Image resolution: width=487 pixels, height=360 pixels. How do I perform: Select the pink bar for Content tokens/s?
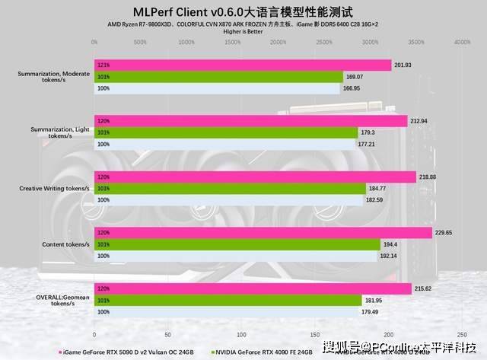tap(263, 233)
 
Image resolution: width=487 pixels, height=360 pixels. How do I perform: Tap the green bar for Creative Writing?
tap(228, 188)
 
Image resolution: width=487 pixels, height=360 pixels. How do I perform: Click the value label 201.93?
tap(403, 65)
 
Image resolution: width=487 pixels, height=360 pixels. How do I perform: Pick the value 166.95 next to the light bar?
tap(352, 88)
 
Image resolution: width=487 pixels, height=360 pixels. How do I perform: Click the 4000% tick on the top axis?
tap(462, 43)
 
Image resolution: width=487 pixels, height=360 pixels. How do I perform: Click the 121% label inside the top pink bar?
tap(104, 65)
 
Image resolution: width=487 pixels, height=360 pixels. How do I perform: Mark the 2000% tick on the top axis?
tap(278, 43)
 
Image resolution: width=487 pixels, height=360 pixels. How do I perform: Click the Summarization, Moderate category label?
tap(54, 77)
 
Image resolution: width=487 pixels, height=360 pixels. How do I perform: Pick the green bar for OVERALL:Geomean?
tap(228, 301)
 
